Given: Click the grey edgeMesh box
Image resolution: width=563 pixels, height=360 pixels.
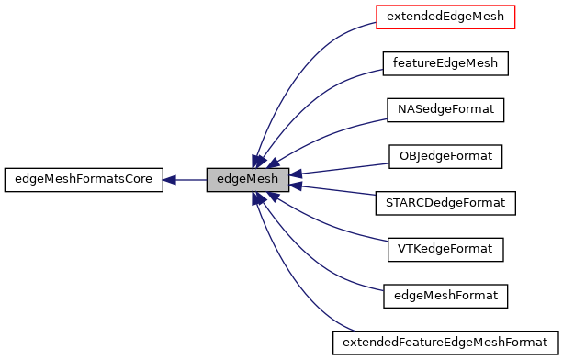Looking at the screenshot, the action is coord(247,180).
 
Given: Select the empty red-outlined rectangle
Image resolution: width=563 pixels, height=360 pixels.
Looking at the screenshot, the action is coord(445,17).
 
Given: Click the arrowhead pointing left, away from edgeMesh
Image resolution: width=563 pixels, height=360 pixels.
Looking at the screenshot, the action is coord(169,180).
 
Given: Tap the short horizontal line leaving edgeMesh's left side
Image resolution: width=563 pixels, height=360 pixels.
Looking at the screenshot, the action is coord(192,180).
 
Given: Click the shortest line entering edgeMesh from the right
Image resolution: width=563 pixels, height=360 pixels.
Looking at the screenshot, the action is coord(340,191).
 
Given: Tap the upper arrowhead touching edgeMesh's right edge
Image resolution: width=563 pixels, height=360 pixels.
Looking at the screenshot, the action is coord(296,174).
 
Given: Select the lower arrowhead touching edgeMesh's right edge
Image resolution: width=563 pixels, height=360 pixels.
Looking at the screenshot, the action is coord(296,186).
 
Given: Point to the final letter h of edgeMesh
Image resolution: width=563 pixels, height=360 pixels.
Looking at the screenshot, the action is coord(274,179).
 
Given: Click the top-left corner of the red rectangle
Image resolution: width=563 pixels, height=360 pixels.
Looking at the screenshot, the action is coord(377,6).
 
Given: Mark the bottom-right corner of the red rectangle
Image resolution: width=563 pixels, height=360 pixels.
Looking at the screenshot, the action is coord(515,28).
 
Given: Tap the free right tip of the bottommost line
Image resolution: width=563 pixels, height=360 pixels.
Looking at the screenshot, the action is coord(354,331).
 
